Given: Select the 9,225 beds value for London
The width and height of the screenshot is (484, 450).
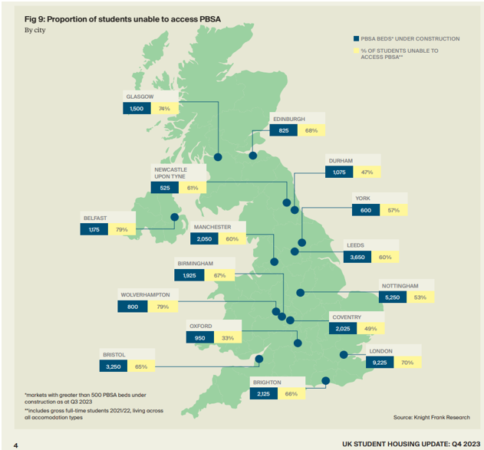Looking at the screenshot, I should pos(379,363).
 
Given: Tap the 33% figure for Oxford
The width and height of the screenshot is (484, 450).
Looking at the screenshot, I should pos(227,337).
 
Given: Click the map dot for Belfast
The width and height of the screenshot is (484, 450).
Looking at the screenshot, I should pos(174,217).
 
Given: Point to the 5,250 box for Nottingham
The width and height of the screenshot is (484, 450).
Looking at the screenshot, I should pos(393,298).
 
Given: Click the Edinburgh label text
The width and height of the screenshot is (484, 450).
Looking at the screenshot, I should pos(288,120).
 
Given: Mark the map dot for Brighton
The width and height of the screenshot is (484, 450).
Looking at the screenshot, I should pos(326,380).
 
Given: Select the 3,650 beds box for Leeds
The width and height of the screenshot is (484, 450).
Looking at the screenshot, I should pos(357,258).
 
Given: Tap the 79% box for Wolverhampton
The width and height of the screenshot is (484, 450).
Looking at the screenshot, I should pos(163,307).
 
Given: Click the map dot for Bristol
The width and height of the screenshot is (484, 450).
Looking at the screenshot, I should pos(258,359).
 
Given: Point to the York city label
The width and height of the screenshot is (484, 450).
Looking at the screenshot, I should pos(362,199).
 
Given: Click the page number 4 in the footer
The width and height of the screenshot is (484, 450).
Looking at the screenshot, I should pos(15,444).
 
